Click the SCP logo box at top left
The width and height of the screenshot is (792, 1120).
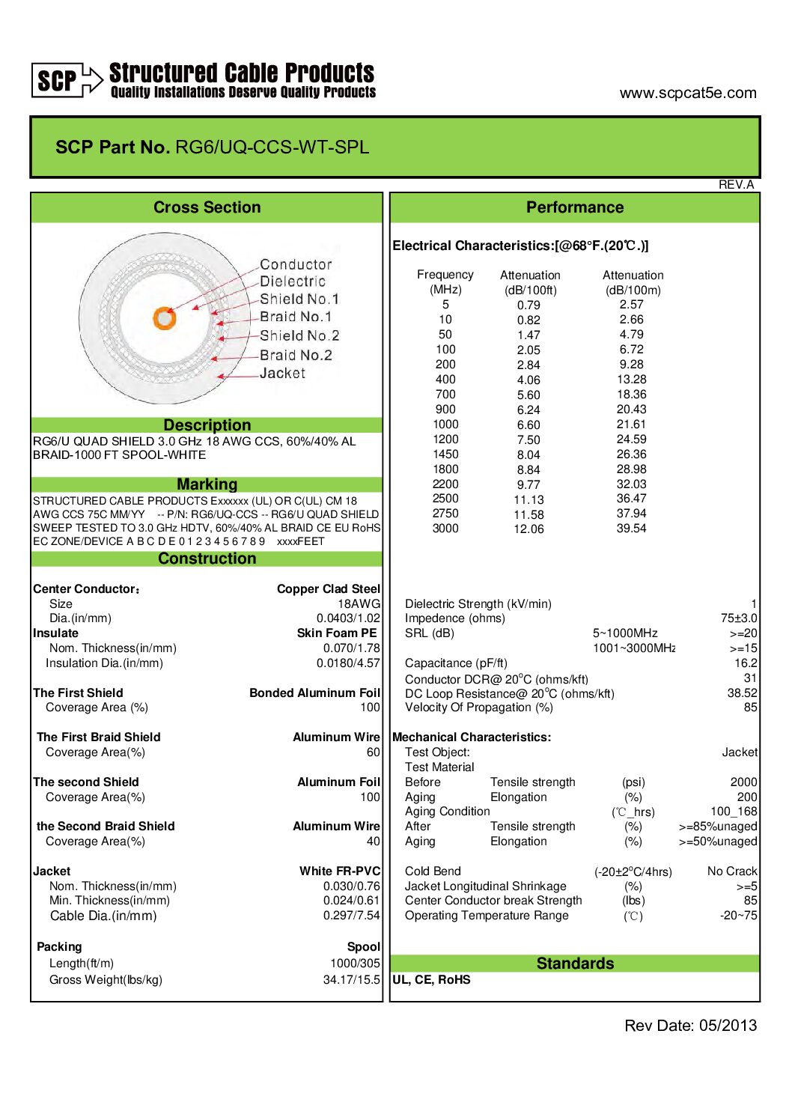click(56, 80)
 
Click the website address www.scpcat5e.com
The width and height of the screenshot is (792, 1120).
click(687, 93)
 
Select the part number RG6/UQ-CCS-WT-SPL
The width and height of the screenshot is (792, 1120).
click(272, 147)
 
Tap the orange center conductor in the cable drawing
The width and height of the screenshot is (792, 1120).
click(164, 318)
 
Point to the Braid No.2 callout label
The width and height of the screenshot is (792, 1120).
click(296, 355)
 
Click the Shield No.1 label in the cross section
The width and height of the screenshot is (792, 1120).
click(299, 299)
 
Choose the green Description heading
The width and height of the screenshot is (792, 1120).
click(207, 424)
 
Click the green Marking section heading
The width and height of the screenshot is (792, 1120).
click(207, 484)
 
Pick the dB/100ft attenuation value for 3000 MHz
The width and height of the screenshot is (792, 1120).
click(528, 529)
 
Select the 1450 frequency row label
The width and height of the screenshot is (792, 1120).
click(445, 454)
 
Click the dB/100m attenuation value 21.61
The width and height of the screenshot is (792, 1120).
click(631, 424)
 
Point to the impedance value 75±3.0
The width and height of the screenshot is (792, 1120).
click(739, 618)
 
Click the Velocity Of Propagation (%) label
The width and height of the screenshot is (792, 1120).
click(478, 707)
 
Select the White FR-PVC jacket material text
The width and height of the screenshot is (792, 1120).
click(340, 871)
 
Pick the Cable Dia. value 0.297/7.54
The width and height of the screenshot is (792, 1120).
click(352, 916)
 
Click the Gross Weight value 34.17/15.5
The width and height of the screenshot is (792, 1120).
click(352, 979)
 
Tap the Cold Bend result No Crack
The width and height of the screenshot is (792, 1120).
click(732, 871)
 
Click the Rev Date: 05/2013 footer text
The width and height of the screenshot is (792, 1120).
click(690, 1026)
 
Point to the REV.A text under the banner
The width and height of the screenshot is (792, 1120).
click(736, 184)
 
